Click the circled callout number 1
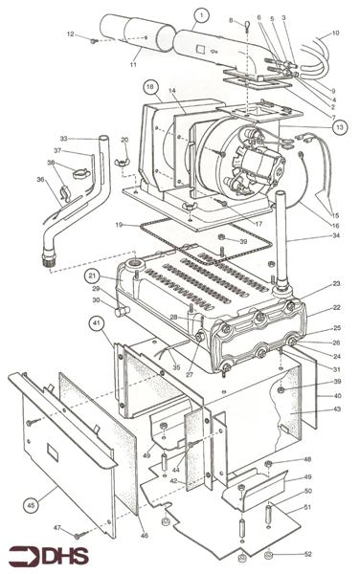tap(201, 15)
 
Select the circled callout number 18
tap(151, 87)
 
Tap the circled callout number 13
tap(341, 126)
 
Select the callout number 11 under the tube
tap(133, 64)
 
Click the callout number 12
tap(71, 34)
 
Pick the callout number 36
tap(39, 178)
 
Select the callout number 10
tap(335, 33)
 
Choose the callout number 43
tap(336, 409)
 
